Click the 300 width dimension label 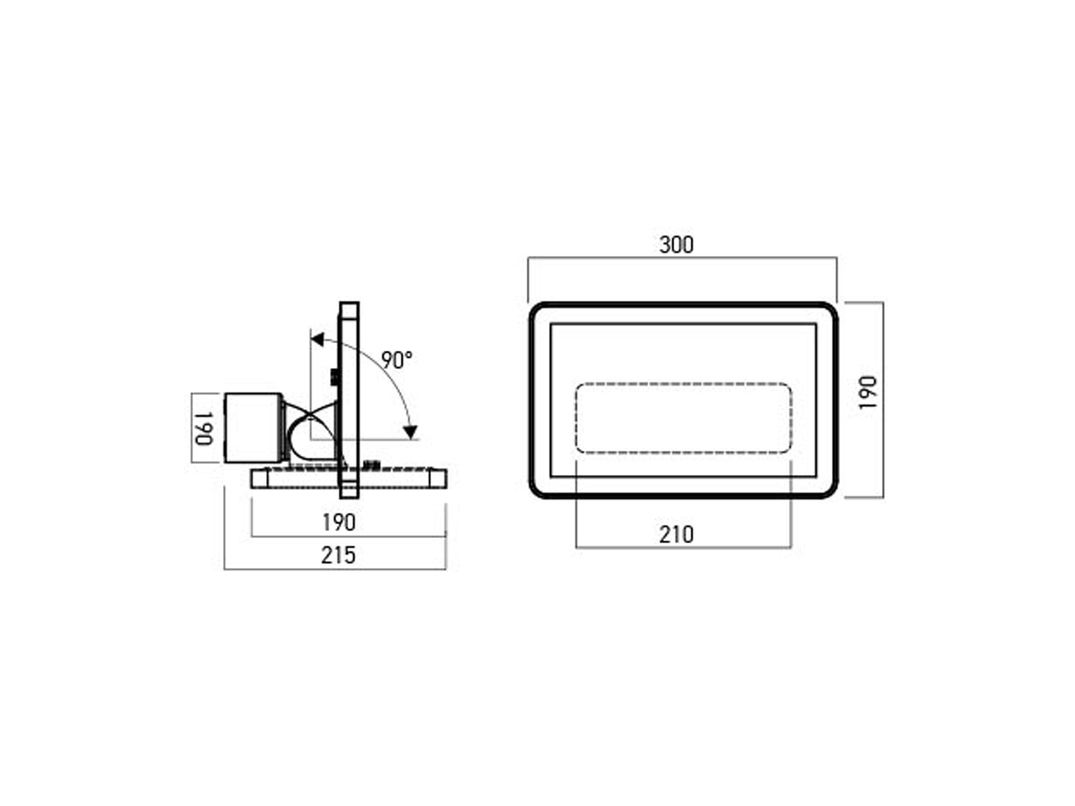[676, 244]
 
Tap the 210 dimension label [676, 535]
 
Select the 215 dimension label [338, 555]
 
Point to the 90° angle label [396, 360]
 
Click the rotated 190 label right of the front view [867, 392]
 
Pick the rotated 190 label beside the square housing [204, 429]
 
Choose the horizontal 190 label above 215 [339, 523]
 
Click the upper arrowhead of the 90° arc [318, 339]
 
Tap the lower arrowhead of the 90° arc [411, 432]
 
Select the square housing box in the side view [253, 428]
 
